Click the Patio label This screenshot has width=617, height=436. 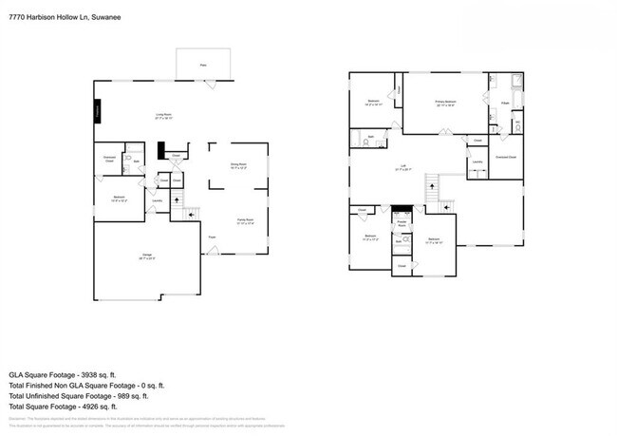tap(202, 66)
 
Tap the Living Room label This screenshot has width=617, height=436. tap(165, 117)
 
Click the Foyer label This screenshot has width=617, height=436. tap(212, 237)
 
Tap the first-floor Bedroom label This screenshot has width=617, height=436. tap(120, 199)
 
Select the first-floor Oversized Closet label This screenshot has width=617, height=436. tap(109, 159)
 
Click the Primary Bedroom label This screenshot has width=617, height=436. tap(446, 102)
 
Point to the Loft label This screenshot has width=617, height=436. tap(402, 168)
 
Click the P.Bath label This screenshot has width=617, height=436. tap(505, 103)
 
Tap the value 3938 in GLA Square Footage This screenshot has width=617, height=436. tap(98, 375)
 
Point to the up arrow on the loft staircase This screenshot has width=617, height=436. tap(434, 186)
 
